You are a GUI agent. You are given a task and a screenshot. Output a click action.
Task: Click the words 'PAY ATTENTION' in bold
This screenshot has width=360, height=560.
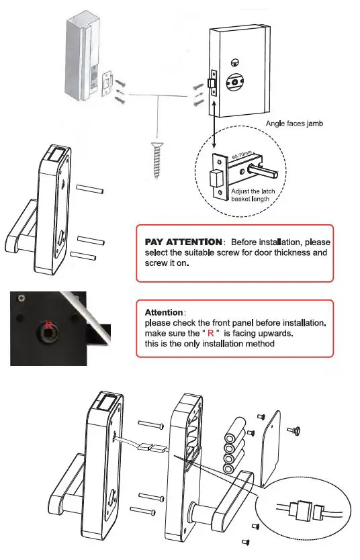(183, 241)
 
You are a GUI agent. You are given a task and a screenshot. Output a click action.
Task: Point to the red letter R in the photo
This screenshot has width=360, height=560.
(48, 326)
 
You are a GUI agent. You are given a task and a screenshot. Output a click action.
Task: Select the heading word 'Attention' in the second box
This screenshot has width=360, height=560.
(163, 313)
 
